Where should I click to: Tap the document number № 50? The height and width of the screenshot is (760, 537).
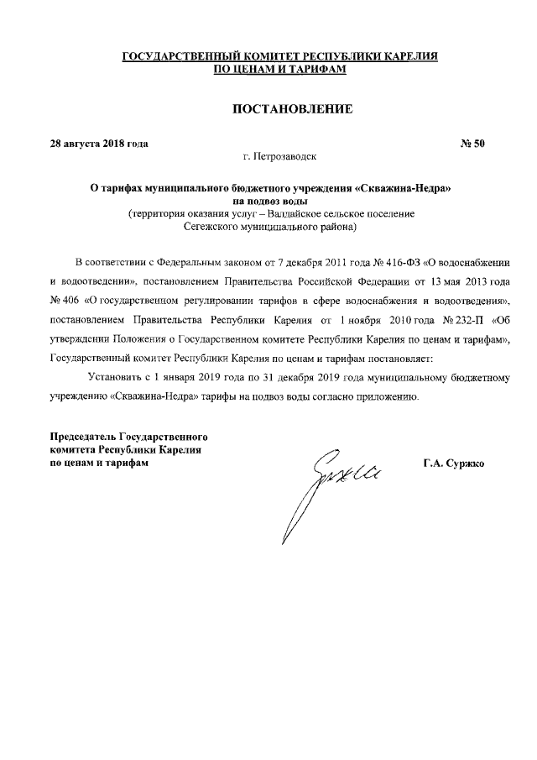pyautogui.click(x=472, y=144)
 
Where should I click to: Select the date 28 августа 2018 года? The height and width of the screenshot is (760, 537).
pyautogui.click(x=99, y=144)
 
